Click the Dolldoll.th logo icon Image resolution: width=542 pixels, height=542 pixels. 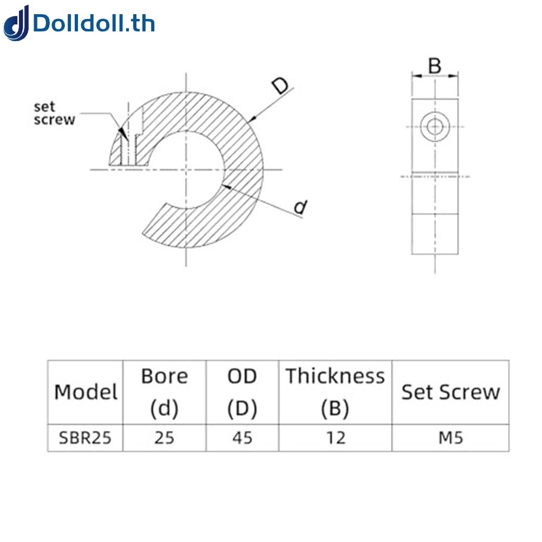[17, 23]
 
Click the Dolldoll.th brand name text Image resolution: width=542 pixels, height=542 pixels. [94, 24]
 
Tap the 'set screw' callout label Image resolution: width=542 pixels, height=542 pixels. [54, 113]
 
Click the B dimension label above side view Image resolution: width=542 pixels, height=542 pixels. [435, 66]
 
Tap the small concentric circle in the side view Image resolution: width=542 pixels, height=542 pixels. [434, 127]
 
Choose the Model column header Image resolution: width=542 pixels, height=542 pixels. [86, 392]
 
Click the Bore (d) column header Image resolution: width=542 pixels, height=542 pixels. [164, 392]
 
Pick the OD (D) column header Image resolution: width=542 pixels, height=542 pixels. [242, 392]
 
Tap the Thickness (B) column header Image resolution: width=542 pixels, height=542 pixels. [335, 392]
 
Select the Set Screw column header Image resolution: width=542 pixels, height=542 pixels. [450, 392]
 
